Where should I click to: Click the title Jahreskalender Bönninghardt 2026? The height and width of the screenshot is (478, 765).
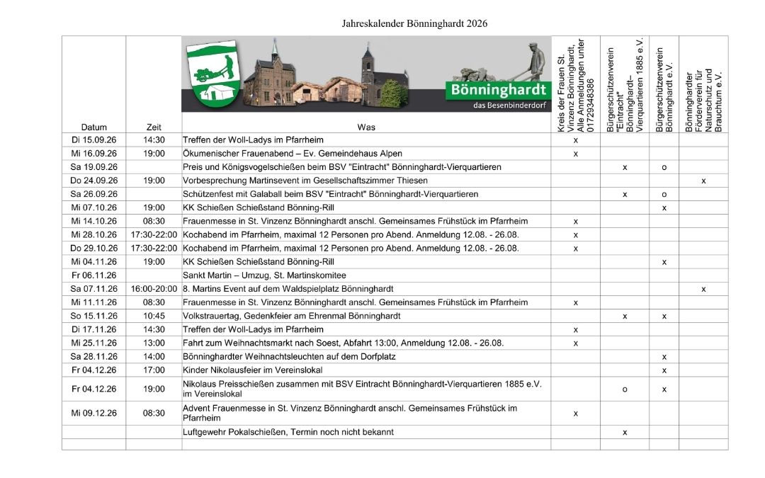(414, 23)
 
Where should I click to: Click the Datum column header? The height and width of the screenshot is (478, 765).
(93, 127)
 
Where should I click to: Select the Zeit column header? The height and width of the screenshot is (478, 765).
(154, 127)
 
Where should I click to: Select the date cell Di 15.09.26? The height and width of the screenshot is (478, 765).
(93, 140)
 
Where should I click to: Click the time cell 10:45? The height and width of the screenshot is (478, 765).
(154, 316)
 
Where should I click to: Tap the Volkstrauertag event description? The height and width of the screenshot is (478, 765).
(292, 316)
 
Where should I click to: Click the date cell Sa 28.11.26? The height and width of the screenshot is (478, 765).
(93, 356)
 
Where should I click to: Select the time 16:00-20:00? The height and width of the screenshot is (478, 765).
(154, 289)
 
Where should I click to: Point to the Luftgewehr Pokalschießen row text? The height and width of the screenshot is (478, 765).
(288, 432)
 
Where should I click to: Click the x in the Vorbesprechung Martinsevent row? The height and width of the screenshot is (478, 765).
(703, 181)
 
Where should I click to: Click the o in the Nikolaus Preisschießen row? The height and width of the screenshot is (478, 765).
(624, 389)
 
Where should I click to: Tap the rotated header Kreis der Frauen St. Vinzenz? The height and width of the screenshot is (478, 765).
(575, 85)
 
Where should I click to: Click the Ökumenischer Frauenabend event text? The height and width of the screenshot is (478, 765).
(293, 154)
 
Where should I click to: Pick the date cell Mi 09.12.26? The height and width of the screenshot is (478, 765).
(93, 413)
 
